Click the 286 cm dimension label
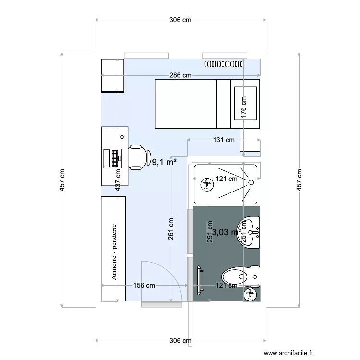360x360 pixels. point(180,75)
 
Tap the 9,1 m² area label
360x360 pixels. point(164,163)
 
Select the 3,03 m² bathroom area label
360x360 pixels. point(226,232)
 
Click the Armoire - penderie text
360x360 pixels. point(114,251)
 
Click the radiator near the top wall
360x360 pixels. point(225,63)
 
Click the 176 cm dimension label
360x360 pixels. point(244,107)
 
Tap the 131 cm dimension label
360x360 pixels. point(223,140)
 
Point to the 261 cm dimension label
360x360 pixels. point(171,229)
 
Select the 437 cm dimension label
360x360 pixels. point(118,181)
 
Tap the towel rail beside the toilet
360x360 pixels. point(199,279)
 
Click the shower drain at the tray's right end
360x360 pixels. point(251,182)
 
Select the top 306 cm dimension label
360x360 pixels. point(180,20)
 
